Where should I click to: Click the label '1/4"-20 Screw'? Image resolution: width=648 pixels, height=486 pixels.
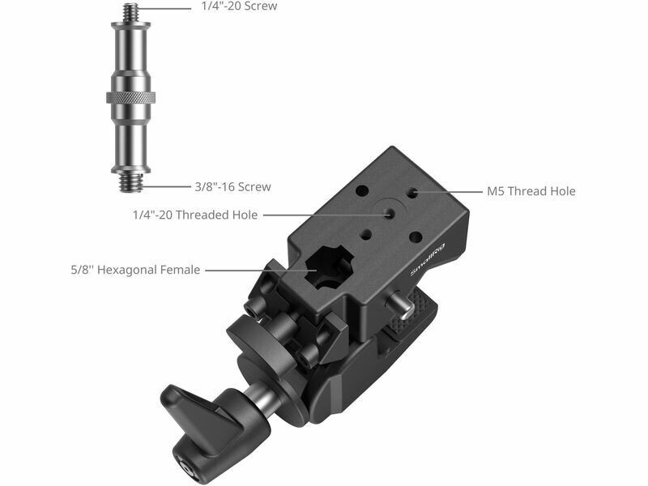(x=239, y=6)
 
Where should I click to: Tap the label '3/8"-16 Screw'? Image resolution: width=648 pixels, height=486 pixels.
(x=232, y=187)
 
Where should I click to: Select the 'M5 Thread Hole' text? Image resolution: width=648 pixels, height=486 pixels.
(x=531, y=191)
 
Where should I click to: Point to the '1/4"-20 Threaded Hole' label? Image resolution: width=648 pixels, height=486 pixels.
(x=195, y=215)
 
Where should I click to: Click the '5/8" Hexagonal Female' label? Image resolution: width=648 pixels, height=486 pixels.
(x=135, y=270)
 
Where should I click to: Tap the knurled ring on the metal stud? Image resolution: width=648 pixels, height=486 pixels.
(x=131, y=97)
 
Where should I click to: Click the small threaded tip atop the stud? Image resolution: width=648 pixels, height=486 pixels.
(x=131, y=12)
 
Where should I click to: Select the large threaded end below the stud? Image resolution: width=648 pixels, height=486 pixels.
(x=131, y=182)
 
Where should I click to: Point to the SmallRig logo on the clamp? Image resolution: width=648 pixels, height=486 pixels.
(x=428, y=260)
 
